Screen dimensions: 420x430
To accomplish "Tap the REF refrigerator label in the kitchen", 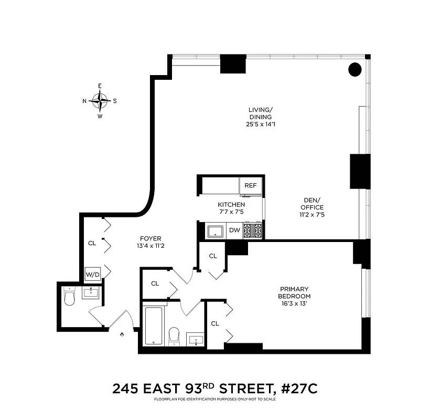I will tap(250, 185).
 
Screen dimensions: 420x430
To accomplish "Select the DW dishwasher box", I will tap(234, 229).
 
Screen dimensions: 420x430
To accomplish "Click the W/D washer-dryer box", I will tap(92, 274).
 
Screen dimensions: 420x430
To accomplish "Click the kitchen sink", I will tap(215, 230).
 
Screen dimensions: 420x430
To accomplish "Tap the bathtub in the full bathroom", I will tap(153, 325).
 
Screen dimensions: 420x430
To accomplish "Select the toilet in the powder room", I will tap(70, 298).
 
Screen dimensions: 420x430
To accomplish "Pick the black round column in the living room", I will tap(355, 69).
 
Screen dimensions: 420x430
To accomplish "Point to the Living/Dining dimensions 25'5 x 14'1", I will tap(261, 124).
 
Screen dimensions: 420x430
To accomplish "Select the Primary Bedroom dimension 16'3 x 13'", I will tap(294, 303).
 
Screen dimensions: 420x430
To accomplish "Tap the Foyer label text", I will tap(150, 237).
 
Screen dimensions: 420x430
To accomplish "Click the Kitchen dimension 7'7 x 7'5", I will tap(231, 212).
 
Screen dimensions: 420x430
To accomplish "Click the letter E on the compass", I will tap(100, 86).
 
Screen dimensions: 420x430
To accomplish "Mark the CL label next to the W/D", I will tap(92, 243).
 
